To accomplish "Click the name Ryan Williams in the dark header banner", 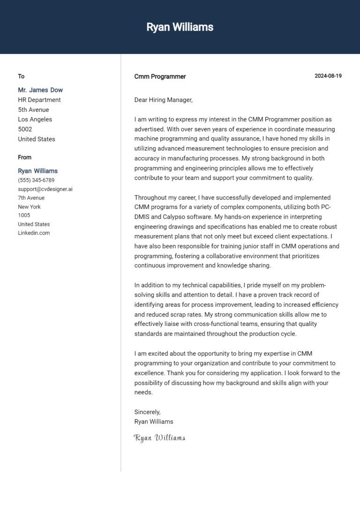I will [x=180, y=27].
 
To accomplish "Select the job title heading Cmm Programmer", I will [x=160, y=76].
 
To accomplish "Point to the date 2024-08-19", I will [x=328, y=76].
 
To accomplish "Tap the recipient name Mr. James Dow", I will [x=40, y=90].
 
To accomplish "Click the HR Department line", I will [x=39, y=100].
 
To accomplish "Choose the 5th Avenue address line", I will [x=33, y=110].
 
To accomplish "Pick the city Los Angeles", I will [x=35, y=119].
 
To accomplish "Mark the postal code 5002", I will [x=25, y=129].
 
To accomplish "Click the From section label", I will [x=24, y=157].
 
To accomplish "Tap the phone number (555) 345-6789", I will [x=36, y=180].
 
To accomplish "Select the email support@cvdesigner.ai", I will [x=45, y=189].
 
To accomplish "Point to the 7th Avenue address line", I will [x=31, y=198].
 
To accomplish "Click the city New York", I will [x=29, y=207].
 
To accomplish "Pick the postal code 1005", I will [x=24, y=215].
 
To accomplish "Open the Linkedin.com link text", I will [x=34, y=233].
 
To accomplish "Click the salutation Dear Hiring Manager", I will [x=163, y=100].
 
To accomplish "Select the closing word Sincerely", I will [x=147, y=412].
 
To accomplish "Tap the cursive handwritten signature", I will [x=159, y=438].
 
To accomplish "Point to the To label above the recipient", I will [x=21, y=76].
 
